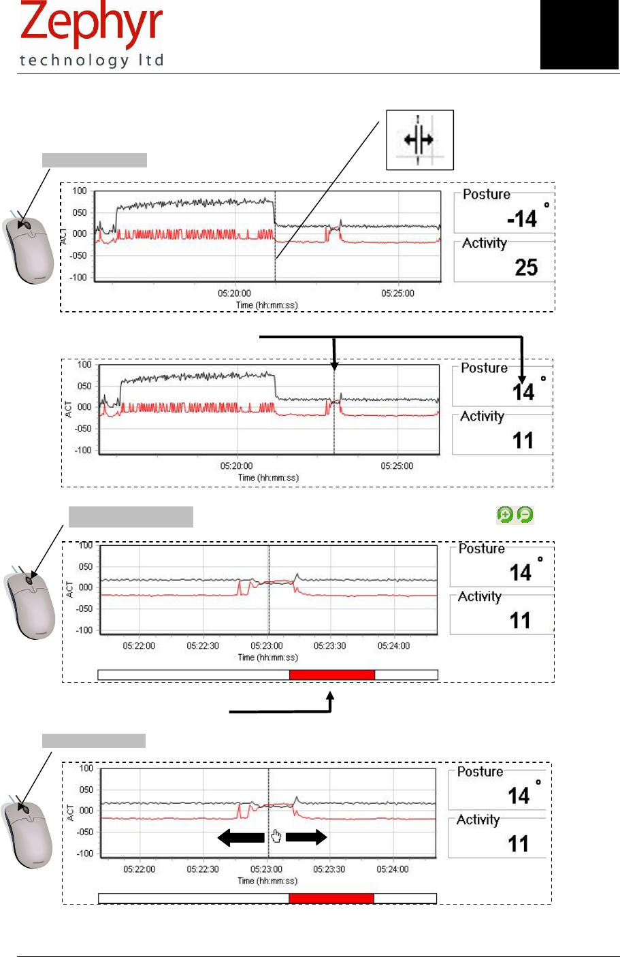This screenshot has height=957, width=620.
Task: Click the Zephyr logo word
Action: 92,25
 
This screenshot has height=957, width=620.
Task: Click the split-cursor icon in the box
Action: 419,140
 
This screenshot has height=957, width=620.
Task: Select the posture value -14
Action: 522,219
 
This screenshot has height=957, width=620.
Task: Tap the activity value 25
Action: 526,267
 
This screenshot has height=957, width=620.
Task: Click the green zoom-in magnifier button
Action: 505,515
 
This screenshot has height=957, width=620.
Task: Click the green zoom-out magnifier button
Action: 525,515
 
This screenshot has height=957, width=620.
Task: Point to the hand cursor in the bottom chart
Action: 276,837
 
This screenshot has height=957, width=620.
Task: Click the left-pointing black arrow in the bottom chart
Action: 240,838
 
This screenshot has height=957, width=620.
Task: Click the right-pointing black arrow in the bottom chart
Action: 306,838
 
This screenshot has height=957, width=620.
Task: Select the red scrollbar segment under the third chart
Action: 332,675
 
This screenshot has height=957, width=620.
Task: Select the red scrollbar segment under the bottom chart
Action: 331,898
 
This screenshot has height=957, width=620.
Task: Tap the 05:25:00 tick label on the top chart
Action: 397,293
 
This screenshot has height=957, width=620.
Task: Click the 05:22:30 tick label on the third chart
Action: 203,646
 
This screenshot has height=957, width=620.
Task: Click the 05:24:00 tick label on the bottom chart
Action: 393,869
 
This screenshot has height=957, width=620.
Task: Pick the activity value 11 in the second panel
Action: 523,441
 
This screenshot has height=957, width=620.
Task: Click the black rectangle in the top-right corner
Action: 579,35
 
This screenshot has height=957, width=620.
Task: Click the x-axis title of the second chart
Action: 268,478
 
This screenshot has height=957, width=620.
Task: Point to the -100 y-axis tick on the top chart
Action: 80,278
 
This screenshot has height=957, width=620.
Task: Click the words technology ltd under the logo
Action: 92,61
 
